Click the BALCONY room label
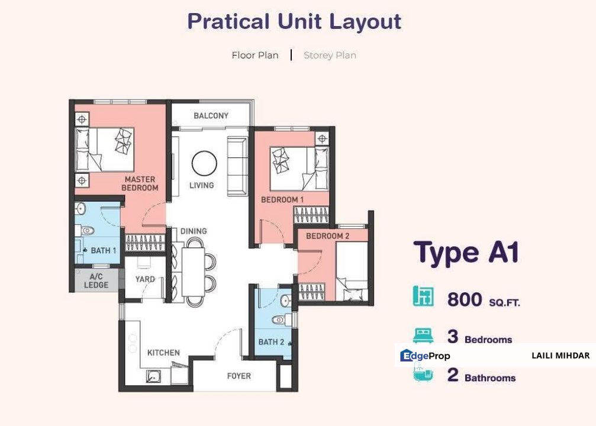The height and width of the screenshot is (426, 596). [211, 115]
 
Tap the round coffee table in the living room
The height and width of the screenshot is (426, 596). [205, 164]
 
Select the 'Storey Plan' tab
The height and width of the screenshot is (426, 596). [330, 55]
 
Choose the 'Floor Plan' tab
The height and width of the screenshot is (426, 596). [255, 55]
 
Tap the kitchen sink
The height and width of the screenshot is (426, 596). [153, 376]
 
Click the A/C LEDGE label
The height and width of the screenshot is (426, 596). [96, 281]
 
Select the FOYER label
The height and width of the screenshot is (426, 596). [239, 376]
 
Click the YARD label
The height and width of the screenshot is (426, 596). [145, 279]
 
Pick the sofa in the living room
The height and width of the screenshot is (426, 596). [237, 166]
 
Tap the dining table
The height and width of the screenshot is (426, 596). [193, 272]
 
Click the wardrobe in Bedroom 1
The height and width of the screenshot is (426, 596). [311, 215]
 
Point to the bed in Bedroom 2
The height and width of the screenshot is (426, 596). [352, 272]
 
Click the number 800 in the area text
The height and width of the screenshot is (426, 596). [465, 299]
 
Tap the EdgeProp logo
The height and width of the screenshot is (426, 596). [425, 356]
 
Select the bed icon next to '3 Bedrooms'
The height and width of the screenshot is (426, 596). [423, 336]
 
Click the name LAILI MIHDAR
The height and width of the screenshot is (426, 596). [560, 356]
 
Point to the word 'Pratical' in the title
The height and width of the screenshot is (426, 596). [228, 21]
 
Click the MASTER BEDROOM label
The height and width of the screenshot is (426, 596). [140, 183]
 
